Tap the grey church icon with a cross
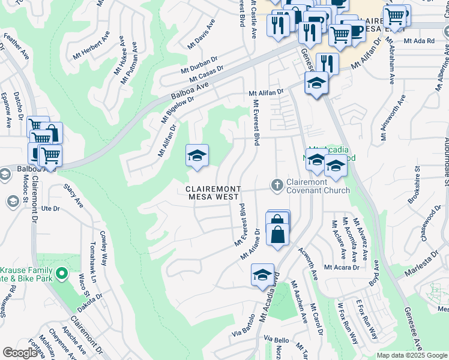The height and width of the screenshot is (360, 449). (277, 184)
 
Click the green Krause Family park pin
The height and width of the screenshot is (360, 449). (61, 275)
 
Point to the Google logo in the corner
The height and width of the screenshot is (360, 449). (20, 353)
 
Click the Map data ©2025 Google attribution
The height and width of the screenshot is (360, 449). (412, 355)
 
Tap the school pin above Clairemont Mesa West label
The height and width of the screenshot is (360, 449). (197, 156)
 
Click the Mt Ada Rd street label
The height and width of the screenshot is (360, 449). (419, 41)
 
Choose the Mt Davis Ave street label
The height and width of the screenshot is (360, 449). (201, 34)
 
